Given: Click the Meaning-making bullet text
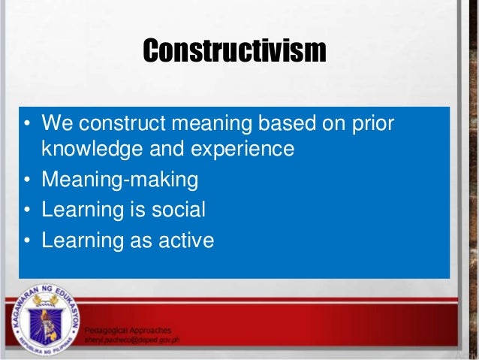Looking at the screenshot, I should [120, 180].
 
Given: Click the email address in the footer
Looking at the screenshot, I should [137, 340].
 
